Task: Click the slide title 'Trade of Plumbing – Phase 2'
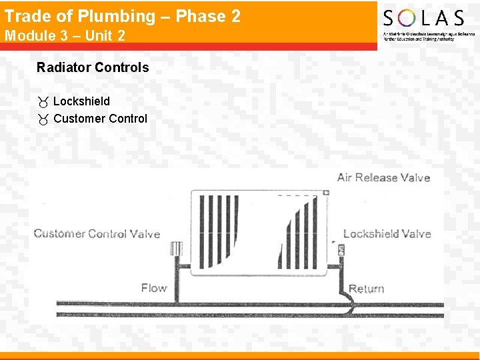tap(123, 16)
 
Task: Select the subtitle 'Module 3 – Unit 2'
tap(65, 36)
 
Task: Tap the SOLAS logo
tap(423, 24)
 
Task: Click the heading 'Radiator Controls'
tap(93, 67)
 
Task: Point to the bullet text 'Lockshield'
tap(81, 101)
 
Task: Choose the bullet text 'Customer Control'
tap(100, 119)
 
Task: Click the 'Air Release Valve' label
tap(383, 177)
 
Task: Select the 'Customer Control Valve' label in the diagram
tap(97, 233)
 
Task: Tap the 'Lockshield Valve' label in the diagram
tap(387, 233)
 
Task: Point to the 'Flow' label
tap(153, 288)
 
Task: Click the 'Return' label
tap(366, 289)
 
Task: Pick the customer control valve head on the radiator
tap(177, 249)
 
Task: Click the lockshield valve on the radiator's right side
tap(340, 251)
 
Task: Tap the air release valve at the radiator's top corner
tap(326, 193)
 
